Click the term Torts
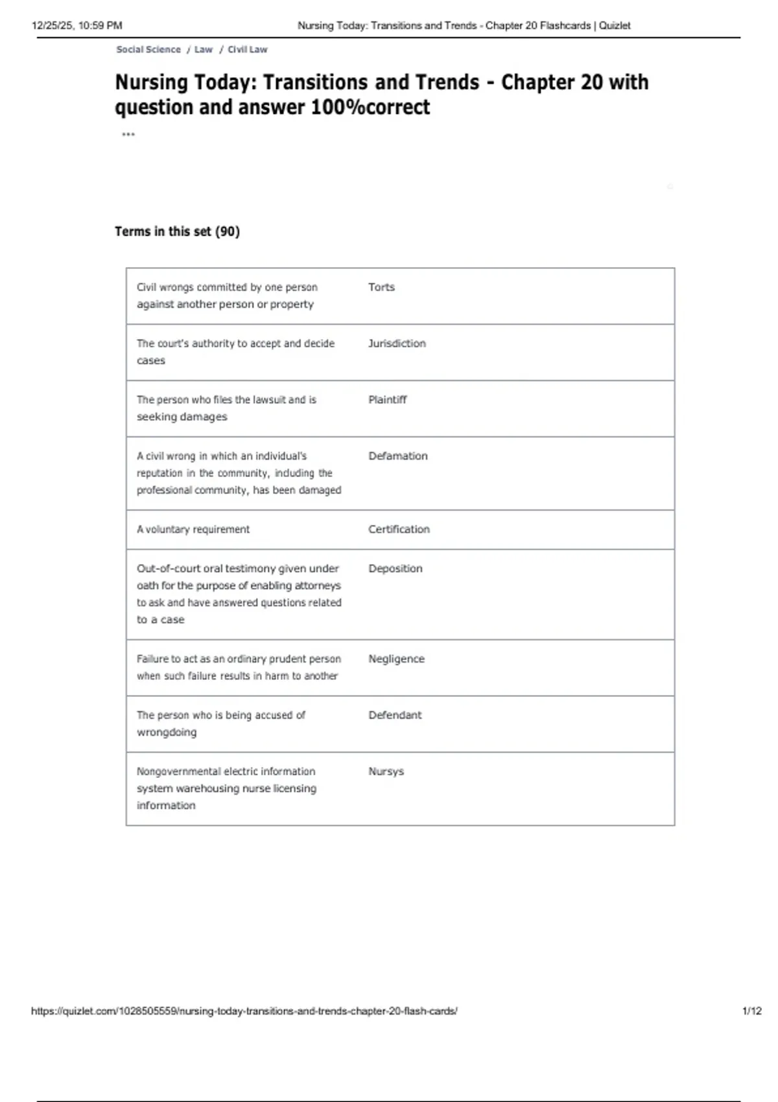[x=381, y=287]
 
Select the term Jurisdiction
[x=397, y=344]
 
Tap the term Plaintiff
[x=387, y=400]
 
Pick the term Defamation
[x=397, y=456]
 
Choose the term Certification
[x=399, y=530]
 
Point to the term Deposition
[x=395, y=569]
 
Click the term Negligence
[x=396, y=659]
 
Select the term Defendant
[x=394, y=715]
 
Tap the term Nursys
[x=386, y=771]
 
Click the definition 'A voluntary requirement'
[x=193, y=530]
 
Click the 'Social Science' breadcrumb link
[x=148, y=49]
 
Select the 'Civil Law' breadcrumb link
[x=247, y=49]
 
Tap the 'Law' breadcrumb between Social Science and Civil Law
[x=204, y=49]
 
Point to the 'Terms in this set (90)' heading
[x=177, y=231]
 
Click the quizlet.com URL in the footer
[x=244, y=1011]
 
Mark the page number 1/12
[x=751, y=1011]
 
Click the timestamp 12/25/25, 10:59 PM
[x=77, y=26]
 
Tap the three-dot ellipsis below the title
[x=128, y=135]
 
